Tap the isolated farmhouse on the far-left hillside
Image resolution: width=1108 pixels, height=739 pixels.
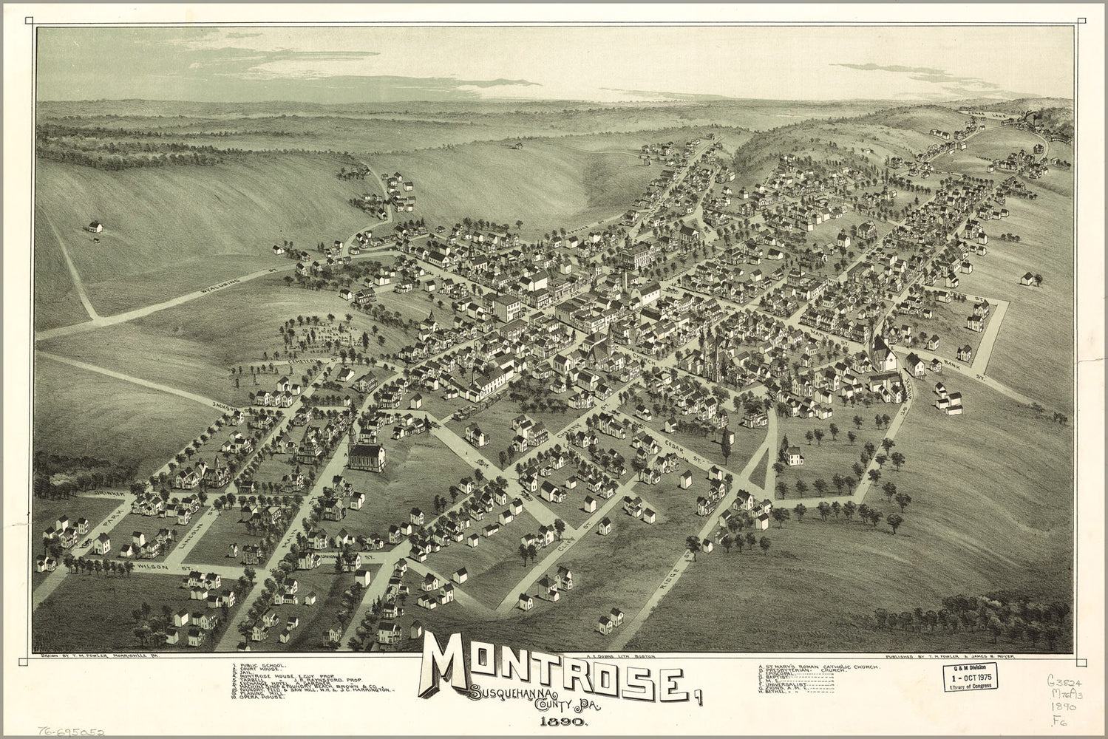[x=95, y=226]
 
